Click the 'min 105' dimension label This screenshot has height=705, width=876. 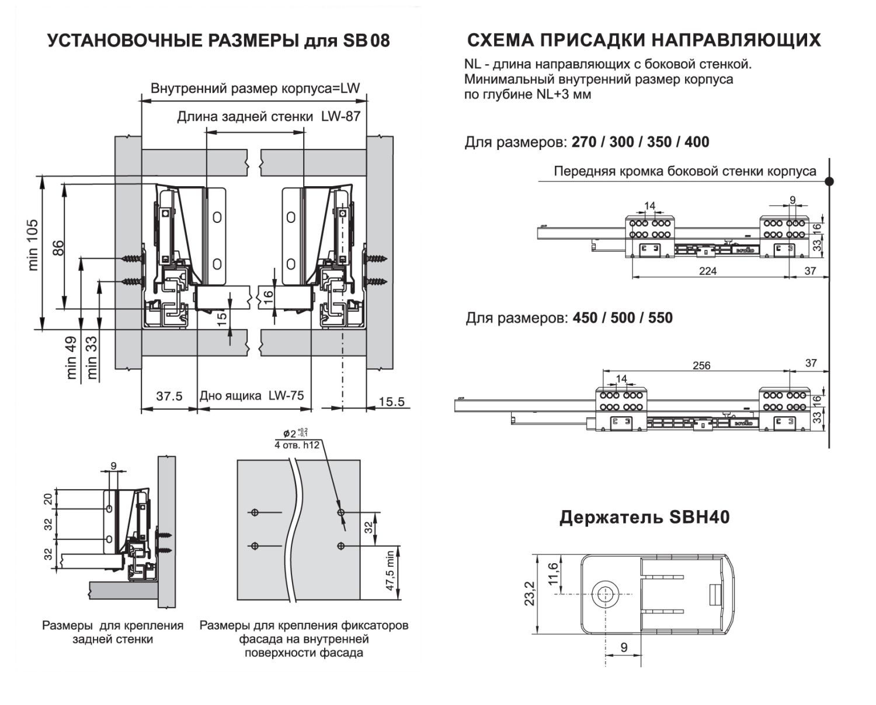33,245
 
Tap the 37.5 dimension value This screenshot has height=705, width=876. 169,396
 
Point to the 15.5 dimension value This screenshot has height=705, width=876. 391,402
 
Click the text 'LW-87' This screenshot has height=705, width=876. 340,116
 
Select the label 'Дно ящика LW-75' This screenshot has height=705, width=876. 252,396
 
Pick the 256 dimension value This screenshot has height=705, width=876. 701,365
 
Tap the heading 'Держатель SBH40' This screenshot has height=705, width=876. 644,517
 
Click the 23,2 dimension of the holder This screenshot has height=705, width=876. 530,593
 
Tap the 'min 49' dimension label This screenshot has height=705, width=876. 71,358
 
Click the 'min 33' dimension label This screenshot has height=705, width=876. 92,358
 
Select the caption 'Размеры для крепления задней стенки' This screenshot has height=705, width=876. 113,632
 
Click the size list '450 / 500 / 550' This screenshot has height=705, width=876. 623,318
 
